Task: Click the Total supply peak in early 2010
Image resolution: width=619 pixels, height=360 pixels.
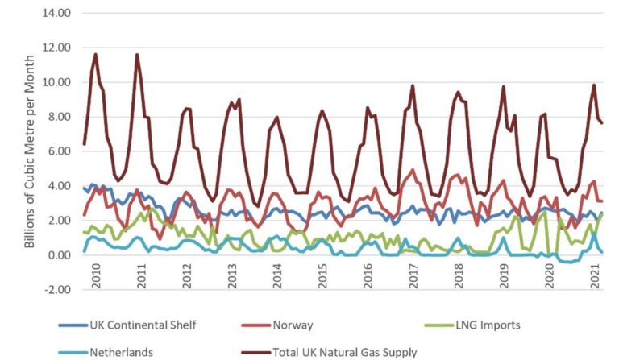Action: [x=96, y=55]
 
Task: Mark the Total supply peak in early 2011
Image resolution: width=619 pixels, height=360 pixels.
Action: [x=137, y=55]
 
